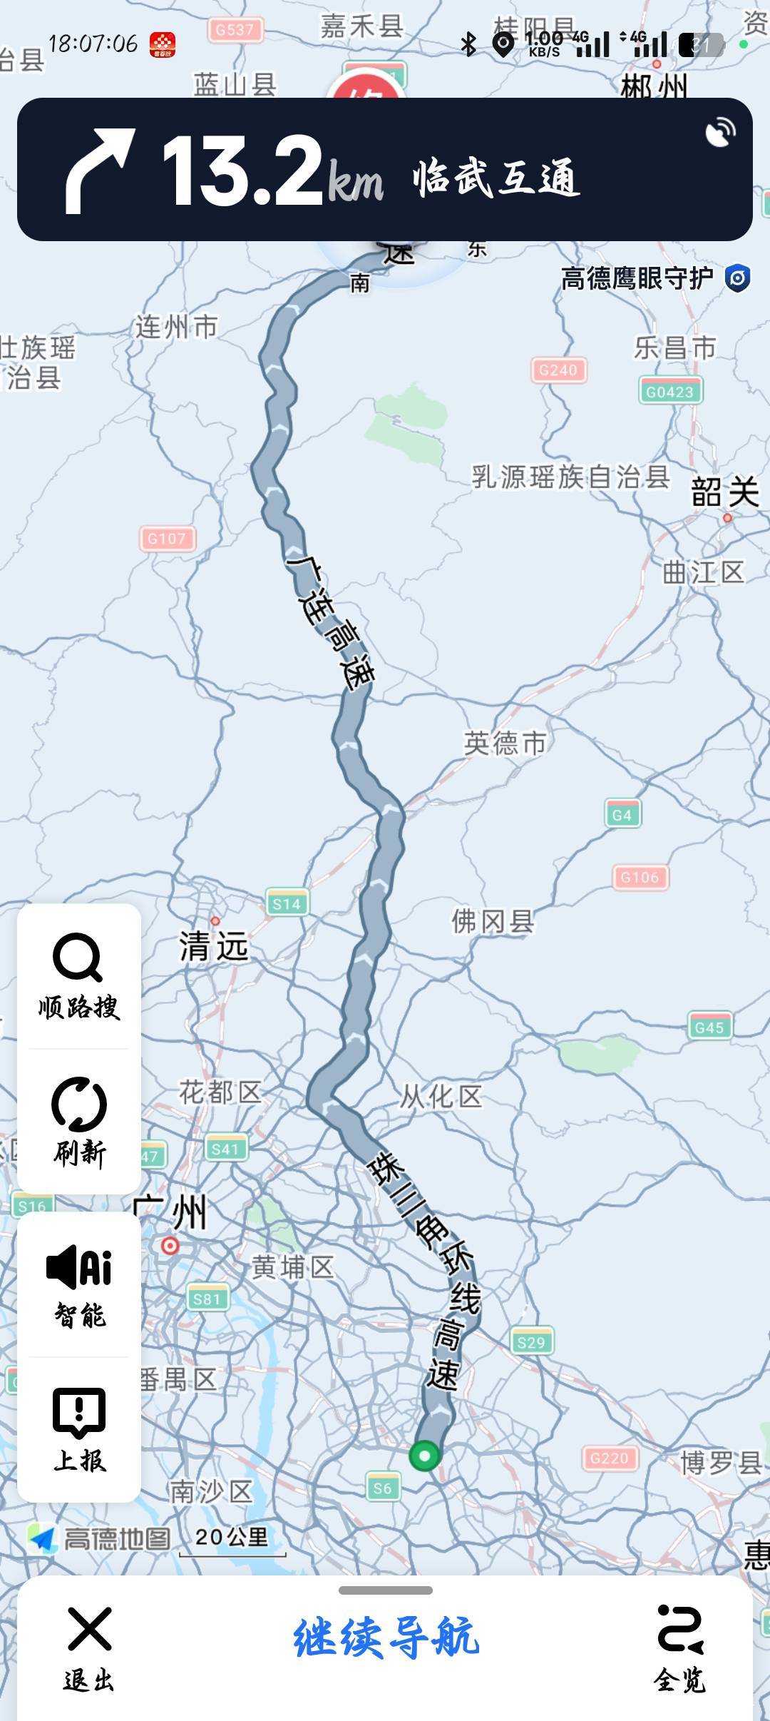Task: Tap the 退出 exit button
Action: coord(89,1648)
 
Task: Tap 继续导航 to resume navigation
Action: coord(386,1637)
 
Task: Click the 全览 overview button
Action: coord(679,1648)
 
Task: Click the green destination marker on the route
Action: coord(424,1456)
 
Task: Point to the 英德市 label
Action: coord(505,743)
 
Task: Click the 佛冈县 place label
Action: coord(492,921)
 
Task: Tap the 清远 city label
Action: coord(213,947)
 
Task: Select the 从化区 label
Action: coord(441,1096)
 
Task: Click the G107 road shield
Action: coord(167,539)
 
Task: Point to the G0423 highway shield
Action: coord(669,392)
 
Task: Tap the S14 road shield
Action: coord(287,904)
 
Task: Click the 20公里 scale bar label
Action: coord(232,1537)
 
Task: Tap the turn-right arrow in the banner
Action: coord(99,171)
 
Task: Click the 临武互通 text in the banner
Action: coord(496,177)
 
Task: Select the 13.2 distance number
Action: coord(242,171)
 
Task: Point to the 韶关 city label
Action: coord(725,492)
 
